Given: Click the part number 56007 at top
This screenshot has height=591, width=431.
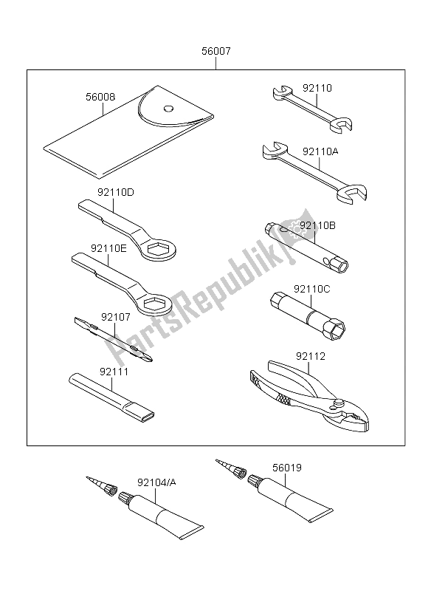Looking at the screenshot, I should [215, 52].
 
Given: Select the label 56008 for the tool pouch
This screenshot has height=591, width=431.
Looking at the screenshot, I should [100, 96].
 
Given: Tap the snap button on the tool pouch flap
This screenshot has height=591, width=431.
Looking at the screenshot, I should [169, 108].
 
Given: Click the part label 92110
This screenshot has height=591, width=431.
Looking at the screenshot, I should [318, 88].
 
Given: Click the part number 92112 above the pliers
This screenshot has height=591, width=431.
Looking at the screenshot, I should [311, 357].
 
